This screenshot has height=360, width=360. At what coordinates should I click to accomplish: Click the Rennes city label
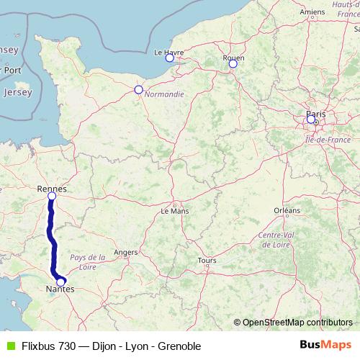[x=51, y=188]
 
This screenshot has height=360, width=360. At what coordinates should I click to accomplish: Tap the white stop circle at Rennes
[x=52, y=196]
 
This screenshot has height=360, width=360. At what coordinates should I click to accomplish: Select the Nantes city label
[x=59, y=289]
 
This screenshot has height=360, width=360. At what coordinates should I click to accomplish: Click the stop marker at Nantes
[x=61, y=282]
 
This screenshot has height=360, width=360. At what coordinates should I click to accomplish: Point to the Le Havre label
[x=169, y=52]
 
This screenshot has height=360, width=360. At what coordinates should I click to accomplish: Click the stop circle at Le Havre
[x=170, y=58]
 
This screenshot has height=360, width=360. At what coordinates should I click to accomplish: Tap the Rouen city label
[x=234, y=57]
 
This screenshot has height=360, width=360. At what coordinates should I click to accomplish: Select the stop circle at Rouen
[x=233, y=64]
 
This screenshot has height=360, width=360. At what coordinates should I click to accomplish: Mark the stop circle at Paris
[x=311, y=120]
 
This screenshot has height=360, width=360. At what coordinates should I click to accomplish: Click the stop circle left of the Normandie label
[x=138, y=90]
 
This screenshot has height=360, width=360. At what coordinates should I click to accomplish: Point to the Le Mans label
[x=174, y=212]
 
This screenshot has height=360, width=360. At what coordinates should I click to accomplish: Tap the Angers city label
[x=126, y=253]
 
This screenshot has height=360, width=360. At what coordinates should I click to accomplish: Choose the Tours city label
[x=207, y=261]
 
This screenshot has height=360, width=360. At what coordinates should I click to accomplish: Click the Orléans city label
[x=287, y=210]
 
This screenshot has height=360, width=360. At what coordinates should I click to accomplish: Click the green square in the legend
[x=9, y=346]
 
